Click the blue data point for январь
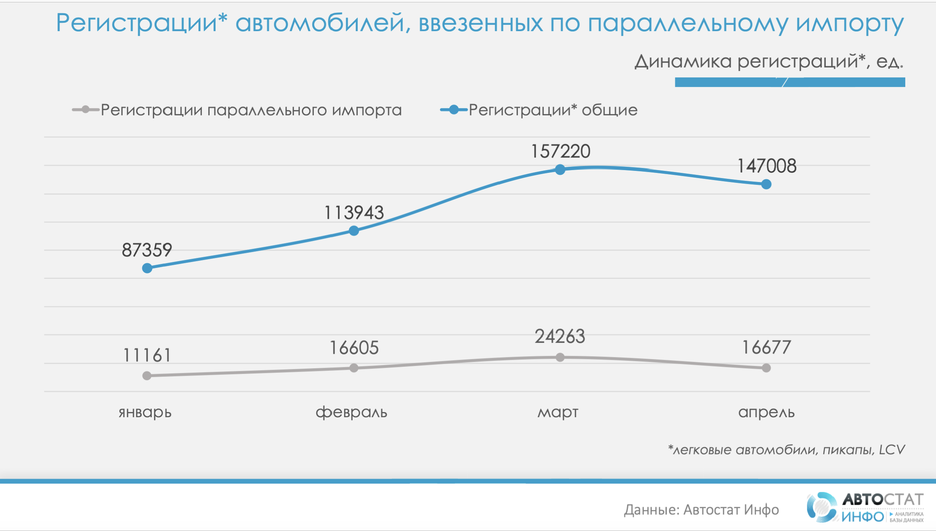pos(147,268)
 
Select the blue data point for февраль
pos(354,231)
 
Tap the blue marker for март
pos(560,170)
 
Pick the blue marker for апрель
pos(766,184)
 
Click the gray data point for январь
pos(147,376)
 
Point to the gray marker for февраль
pos(354,368)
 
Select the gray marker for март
pos(560,357)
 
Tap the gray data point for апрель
pos(766,368)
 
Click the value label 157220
pos(560,152)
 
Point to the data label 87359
pos(147,250)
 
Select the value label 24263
pos(560,337)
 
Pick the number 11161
pos(147,355)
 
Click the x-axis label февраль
pos(351,412)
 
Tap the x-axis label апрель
pos(766,412)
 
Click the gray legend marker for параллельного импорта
pos(85,110)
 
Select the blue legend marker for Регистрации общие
pos(454,110)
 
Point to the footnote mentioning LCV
pos(786,450)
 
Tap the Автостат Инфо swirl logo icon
pos(821,507)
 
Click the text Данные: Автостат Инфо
pos(701,510)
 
